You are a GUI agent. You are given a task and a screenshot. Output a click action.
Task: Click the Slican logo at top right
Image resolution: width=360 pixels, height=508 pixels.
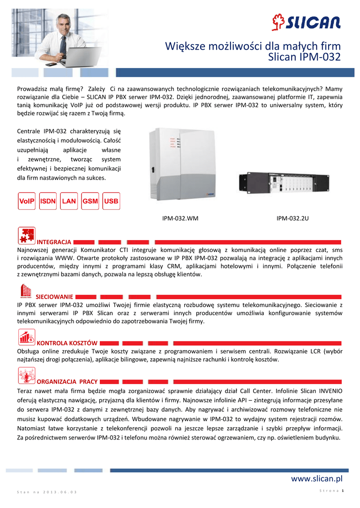(306, 22)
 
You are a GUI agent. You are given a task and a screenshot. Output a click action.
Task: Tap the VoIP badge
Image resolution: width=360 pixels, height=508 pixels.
(28, 201)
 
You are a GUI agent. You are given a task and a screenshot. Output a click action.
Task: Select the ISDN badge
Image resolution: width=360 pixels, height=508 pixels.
(48, 201)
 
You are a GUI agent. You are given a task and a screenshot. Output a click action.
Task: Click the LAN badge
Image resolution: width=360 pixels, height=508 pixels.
(69, 201)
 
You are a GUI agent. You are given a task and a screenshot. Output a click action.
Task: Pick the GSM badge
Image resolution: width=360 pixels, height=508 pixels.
(90, 201)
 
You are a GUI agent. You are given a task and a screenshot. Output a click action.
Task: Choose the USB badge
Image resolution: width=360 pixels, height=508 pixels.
(111, 201)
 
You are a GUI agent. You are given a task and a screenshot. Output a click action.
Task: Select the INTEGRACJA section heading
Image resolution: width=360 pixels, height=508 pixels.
(55, 242)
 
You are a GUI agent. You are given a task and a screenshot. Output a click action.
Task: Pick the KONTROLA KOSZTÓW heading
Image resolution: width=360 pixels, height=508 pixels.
(68, 343)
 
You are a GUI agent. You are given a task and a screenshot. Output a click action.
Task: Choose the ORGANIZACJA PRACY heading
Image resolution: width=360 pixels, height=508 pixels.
(68, 381)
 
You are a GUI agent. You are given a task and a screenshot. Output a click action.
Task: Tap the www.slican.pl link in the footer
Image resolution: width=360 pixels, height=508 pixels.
(316, 478)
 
